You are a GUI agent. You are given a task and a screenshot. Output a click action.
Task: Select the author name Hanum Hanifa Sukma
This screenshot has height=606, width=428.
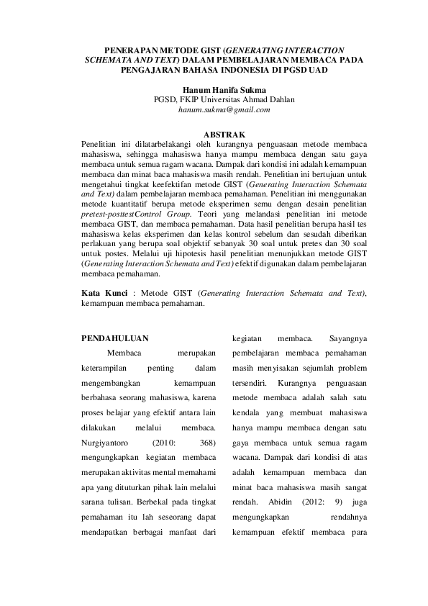[x=224, y=89]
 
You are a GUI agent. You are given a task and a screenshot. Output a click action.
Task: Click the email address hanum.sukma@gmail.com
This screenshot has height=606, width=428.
[x=224, y=110]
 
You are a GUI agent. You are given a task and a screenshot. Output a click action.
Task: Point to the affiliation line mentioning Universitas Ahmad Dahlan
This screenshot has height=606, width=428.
[x=224, y=99]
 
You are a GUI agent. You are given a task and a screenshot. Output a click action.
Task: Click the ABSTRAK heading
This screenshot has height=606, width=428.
[x=224, y=134]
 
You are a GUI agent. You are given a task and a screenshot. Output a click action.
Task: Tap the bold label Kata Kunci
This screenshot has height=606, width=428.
[x=104, y=294]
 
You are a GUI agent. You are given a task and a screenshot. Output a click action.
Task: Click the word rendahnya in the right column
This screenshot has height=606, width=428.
[x=348, y=518]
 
